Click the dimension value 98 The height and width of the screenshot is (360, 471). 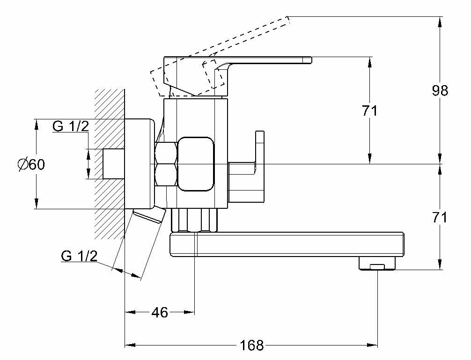[x=440, y=91]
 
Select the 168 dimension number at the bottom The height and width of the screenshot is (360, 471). [x=252, y=346]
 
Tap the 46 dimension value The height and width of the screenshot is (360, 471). [x=160, y=312]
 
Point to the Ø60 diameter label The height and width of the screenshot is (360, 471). [x=31, y=165]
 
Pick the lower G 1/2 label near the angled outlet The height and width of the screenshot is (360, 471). [x=79, y=256]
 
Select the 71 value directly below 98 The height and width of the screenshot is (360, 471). [x=440, y=217]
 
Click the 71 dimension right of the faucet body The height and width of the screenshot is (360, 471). [x=369, y=111]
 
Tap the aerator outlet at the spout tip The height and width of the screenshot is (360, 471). [x=377, y=266]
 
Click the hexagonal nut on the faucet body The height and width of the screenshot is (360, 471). [x=166, y=163]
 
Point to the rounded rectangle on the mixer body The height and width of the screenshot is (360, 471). [x=196, y=164]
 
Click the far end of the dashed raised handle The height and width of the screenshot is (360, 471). [x=286, y=21]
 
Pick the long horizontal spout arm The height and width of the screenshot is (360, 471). [x=286, y=245]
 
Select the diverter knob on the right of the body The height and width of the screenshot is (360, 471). [x=259, y=159]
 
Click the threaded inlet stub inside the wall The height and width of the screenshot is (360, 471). [x=112, y=164]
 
